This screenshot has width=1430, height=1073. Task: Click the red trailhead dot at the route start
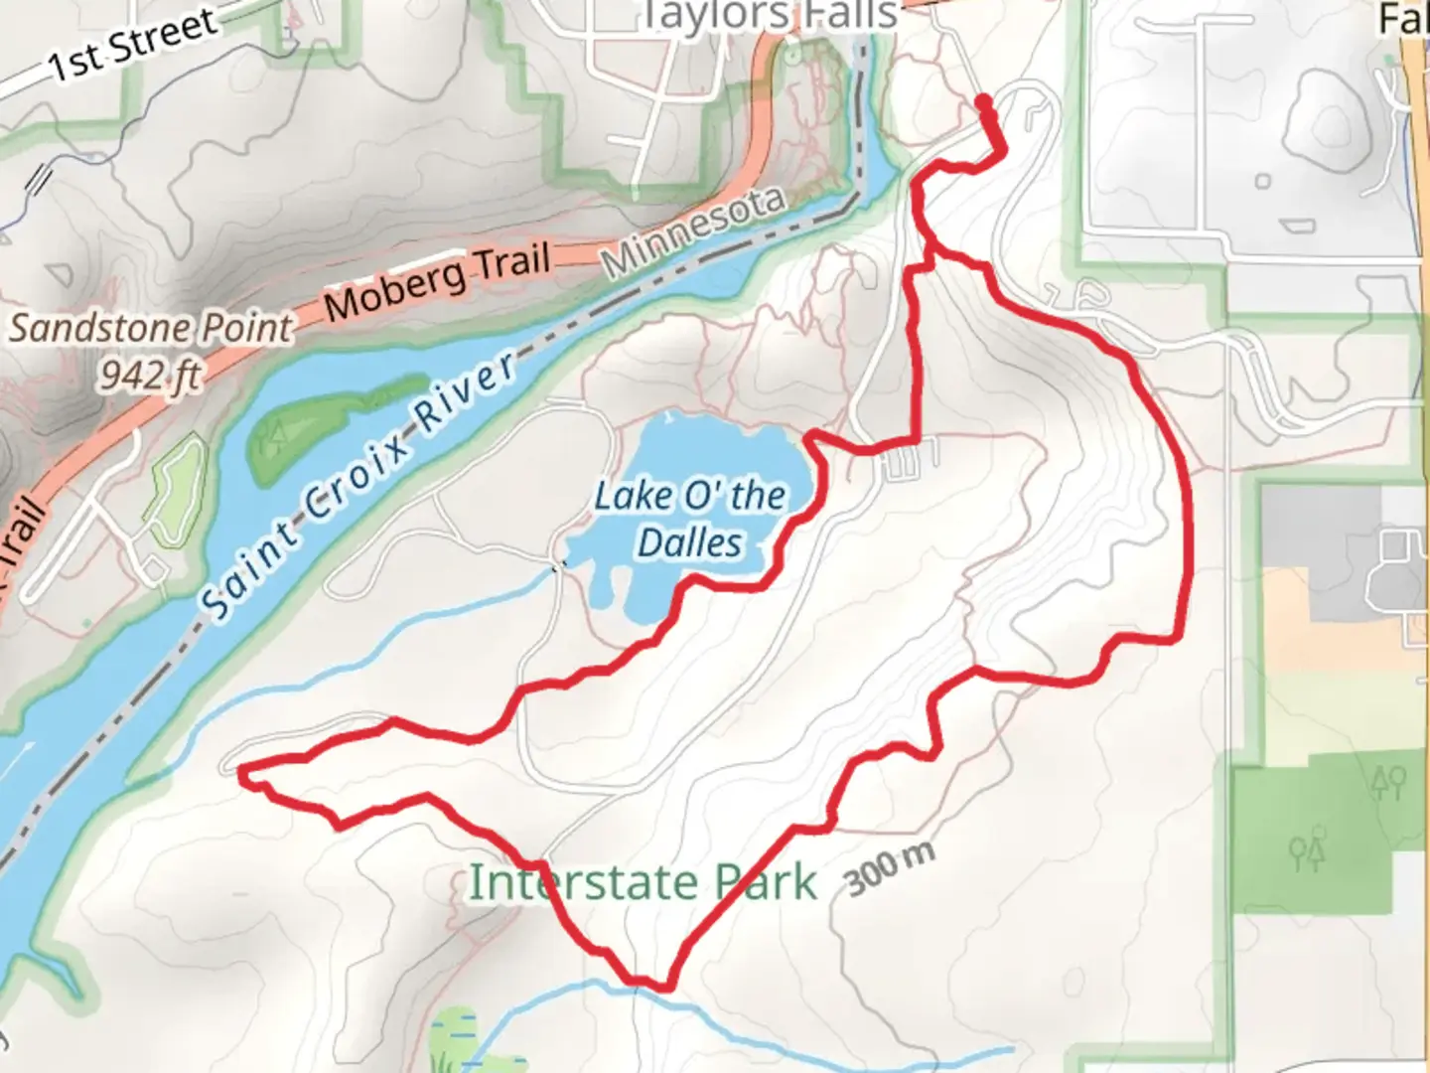point(983,102)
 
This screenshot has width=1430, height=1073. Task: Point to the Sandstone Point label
point(151,328)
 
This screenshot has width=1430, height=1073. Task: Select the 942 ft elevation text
point(151,375)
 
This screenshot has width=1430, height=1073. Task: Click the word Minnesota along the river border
point(694,231)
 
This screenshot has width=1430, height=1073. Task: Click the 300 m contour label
point(890,869)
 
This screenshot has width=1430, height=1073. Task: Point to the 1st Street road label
point(133,45)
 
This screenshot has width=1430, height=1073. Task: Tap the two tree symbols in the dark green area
point(1387,784)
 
